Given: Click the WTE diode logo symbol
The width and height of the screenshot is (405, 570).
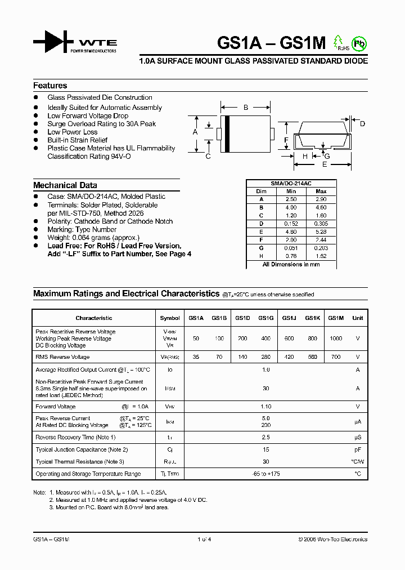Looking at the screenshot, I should tap(53, 42).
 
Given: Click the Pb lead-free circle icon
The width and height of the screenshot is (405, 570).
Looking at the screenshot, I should tap(358, 43).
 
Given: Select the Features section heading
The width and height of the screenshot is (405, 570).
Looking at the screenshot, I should tap(50, 86).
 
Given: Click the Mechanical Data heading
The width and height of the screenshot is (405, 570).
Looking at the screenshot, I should tap(65, 185).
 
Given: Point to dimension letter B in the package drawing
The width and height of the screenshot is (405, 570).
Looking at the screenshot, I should tap(246, 107).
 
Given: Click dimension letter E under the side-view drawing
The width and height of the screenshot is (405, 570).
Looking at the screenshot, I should tap(324, 164).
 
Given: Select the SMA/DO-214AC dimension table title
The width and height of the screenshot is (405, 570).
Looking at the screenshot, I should tap(291, 184).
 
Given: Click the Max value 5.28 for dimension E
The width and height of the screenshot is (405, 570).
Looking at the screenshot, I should tap(321, 231).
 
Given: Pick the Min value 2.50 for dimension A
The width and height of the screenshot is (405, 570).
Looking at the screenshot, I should tap(290, 199).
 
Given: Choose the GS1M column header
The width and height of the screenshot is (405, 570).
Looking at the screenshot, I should tap(336, 318).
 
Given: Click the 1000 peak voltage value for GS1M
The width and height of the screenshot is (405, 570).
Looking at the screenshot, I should tap(336, 339).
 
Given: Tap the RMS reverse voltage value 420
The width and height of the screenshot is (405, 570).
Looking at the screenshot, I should tap(289, 357).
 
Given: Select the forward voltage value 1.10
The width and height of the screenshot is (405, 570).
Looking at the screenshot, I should tap(266, 407).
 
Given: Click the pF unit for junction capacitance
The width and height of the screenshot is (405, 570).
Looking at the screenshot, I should tap(357, 449).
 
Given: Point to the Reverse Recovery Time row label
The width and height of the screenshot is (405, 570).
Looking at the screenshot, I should tap(75, 438).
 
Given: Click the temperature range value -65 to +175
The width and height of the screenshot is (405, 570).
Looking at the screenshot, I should tap(266, 474).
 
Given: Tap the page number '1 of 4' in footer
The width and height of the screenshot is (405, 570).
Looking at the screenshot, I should tap(204, 539).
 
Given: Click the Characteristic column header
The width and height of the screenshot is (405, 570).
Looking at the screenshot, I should tap(94, 318).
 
